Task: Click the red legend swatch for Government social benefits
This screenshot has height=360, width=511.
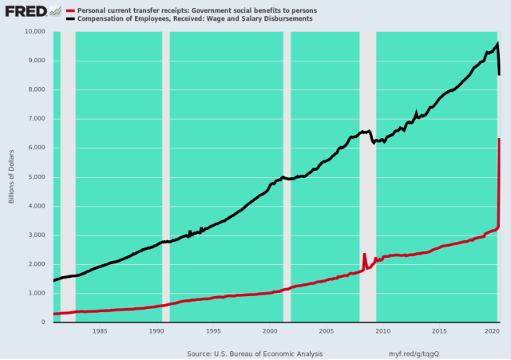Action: coord(69,10)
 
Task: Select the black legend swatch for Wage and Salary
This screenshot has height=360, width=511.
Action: coord(69,18)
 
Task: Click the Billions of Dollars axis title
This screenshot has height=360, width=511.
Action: coord(12,176)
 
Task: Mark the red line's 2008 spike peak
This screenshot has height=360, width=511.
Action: coord(365,254)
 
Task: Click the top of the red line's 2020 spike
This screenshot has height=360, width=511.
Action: coord(499,139)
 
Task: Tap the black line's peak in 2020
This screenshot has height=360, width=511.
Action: coord(497,43)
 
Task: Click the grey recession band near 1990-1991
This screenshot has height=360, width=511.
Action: coord(165,176)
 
